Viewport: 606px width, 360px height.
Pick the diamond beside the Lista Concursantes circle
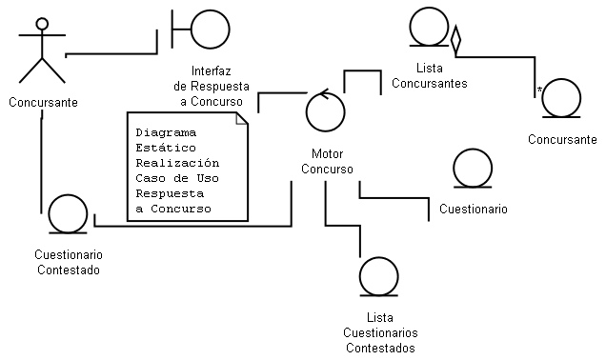coord(456,40)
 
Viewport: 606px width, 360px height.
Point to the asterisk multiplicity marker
coord(539,90)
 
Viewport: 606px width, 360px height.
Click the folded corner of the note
coord(242,119)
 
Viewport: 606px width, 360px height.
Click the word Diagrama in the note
coord(166,132)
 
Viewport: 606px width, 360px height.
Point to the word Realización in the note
coord(177,163)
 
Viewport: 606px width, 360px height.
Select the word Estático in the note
coord(166,148)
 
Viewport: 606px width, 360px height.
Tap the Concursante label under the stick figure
coord(43,102)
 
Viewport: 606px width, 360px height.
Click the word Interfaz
coord(211,71)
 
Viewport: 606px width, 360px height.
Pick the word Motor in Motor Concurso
coord(328,153)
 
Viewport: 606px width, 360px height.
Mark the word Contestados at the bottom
coord(380,348)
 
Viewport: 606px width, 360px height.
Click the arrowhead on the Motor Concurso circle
coord(324,94)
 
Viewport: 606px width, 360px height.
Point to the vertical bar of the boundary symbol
coord(172,30)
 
